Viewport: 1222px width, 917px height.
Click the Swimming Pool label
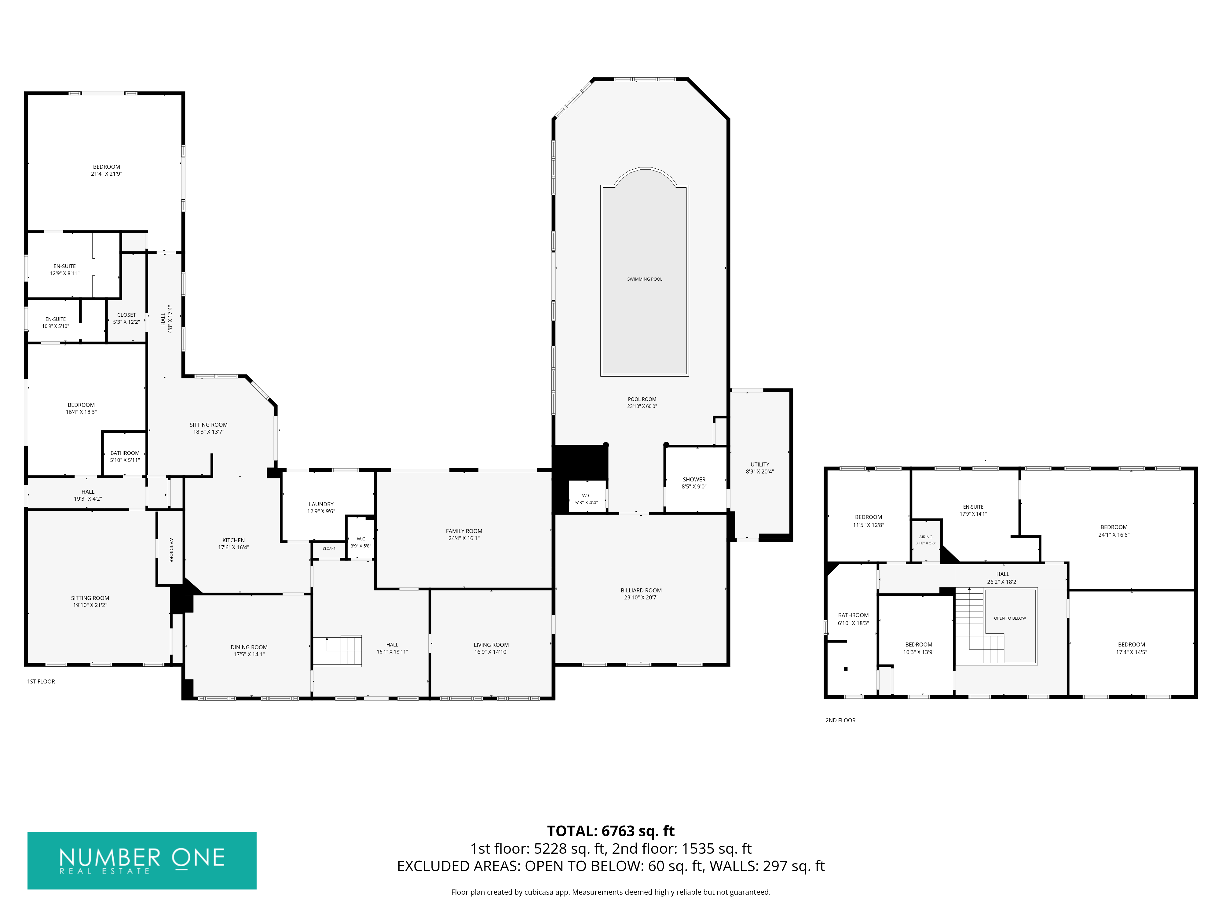coord(644,279)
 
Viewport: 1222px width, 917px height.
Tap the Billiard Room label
coord(641,590)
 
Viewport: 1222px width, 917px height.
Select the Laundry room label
coord(321,504)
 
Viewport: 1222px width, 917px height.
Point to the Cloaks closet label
coord(329,549)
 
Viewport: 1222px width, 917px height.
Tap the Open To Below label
coord(1010,618)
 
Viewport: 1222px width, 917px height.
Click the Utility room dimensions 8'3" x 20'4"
coord(759,471)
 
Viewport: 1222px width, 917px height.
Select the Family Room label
coord(464,531)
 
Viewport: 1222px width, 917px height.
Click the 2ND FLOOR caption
coord(840,720)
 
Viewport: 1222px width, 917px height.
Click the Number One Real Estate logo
coord(142,861)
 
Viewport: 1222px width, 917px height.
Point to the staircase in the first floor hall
coord(337,651)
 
